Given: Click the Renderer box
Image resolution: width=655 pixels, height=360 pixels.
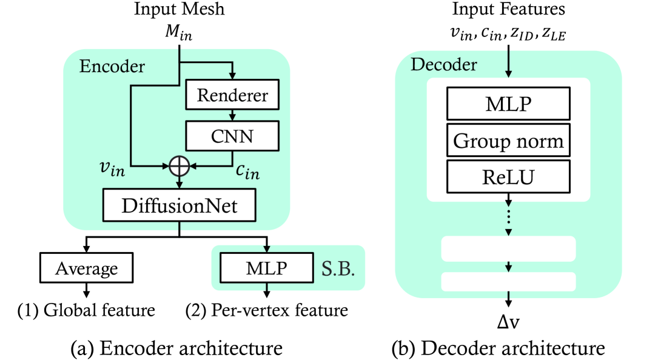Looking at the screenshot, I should click(x=232, y=96).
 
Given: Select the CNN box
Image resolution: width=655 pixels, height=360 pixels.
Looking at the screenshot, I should click(x=232, y=136).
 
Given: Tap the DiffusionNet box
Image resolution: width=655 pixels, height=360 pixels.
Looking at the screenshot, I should click(x=180, y=206).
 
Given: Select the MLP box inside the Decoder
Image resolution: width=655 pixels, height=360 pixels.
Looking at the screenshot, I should click(x=508, y=104).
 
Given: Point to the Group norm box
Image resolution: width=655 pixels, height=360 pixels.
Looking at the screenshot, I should click(x=508, y=141).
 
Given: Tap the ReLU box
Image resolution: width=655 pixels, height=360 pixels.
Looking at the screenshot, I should click(x=508, y=178).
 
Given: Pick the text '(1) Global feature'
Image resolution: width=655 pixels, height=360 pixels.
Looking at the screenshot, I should click(x=87, y=311).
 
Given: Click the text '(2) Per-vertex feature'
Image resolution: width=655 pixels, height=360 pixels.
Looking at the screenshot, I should click(x=267, y=311).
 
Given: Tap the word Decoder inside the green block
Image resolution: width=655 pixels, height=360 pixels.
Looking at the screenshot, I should click(x=444, y=64).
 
